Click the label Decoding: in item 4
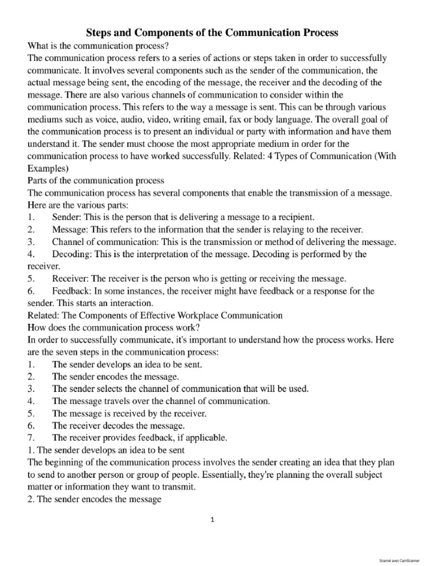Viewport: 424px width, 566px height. pyautogui.click(x=73, y=254)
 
